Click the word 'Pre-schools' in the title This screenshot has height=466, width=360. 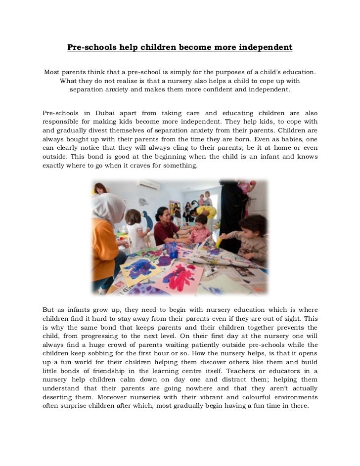(89, 48)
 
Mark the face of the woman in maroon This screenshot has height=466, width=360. (162, 215)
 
